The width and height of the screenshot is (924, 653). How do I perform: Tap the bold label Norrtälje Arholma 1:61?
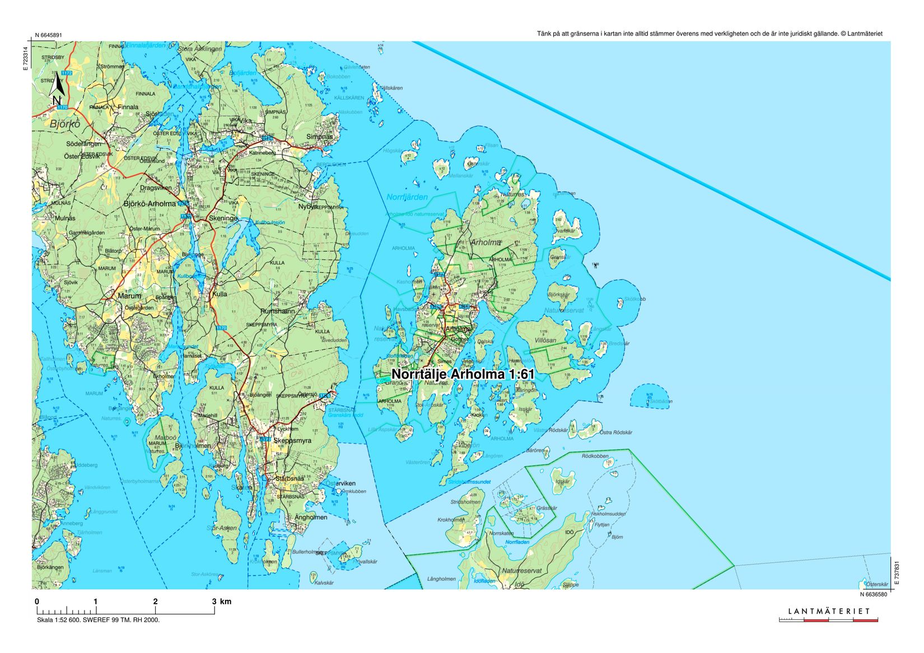coord(463,374)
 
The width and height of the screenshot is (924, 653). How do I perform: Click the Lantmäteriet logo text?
coord(829,611)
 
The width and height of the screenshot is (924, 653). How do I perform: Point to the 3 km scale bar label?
coord(220,601)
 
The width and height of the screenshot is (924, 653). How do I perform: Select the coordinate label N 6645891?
coord(48,35)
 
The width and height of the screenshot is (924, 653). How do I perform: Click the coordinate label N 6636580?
coord(874,594)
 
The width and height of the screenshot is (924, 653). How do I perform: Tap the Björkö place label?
coord(66,124)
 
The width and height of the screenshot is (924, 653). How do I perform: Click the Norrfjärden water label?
coord(407,197)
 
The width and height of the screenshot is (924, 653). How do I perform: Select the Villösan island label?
coord(545,340)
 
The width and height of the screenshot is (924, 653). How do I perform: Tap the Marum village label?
coord(129,296)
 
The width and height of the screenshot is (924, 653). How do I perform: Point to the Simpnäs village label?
coord(319,137)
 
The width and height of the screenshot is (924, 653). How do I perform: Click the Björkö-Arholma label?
coord(150,204)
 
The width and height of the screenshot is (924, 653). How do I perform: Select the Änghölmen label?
coord(311,517)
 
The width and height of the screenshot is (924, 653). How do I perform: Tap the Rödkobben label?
coord(595,456)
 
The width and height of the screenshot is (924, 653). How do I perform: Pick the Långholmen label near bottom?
coord(441,579)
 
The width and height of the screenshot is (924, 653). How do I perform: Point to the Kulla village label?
coord(219,293)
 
